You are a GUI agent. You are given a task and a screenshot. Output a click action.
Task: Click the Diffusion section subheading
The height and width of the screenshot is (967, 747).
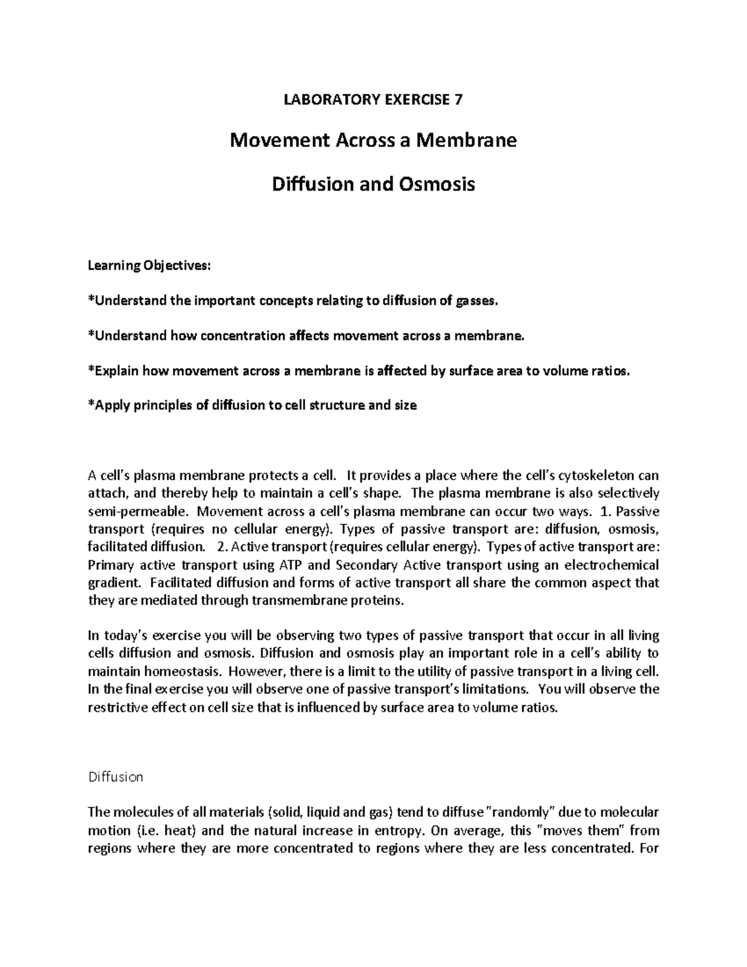116,777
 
